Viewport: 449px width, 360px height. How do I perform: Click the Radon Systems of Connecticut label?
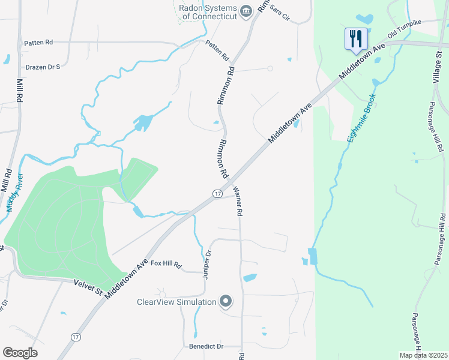209,12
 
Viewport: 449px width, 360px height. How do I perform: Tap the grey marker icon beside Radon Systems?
246,11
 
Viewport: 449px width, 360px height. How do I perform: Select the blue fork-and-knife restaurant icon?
355,39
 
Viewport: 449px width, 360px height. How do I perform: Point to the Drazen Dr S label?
43,67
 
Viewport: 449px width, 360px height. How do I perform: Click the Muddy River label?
15,192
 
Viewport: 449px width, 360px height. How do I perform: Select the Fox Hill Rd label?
166,263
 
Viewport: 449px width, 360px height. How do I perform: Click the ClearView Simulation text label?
176,302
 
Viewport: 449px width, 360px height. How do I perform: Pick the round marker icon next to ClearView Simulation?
226,301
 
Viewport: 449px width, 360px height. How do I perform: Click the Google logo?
20,353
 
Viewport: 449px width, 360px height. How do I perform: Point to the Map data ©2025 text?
423,355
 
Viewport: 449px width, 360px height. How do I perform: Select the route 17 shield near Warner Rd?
217,193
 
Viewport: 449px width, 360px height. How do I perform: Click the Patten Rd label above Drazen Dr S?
38,43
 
